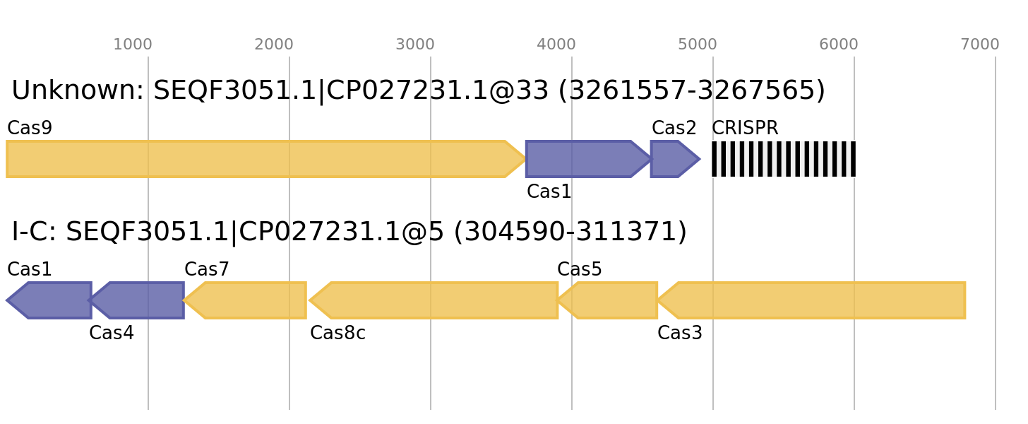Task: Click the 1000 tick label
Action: pos(133,45)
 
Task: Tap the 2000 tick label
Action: pos(274,45)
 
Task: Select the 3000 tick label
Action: pos(415,45)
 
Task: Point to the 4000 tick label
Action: pos(556,45)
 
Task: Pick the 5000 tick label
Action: pos(698,45)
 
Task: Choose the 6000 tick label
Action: pos(839,45)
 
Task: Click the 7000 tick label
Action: pos(980,45)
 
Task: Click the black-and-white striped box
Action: pos(784,159)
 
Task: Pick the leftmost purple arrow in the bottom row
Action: pos(53,300)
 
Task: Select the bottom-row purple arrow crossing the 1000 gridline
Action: pos(141,300)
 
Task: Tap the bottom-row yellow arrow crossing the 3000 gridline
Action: pos(438,300)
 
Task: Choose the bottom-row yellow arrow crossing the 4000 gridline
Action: pos(611,300)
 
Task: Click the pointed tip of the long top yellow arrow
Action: pos(524,159)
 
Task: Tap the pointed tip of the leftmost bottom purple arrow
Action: pos(7,300)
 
